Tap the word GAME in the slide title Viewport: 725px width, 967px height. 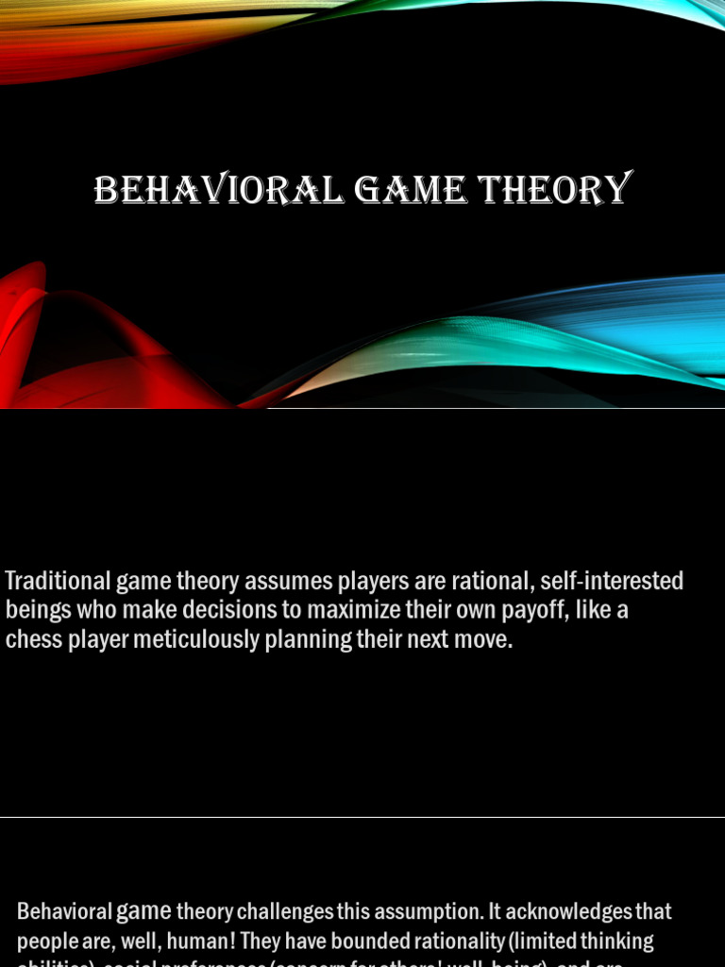[x=412, y=190]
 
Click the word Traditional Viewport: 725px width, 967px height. [x=59, y=581]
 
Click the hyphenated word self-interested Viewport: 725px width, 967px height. [x=612, y=581]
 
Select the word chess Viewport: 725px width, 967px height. [x=32, y=640]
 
